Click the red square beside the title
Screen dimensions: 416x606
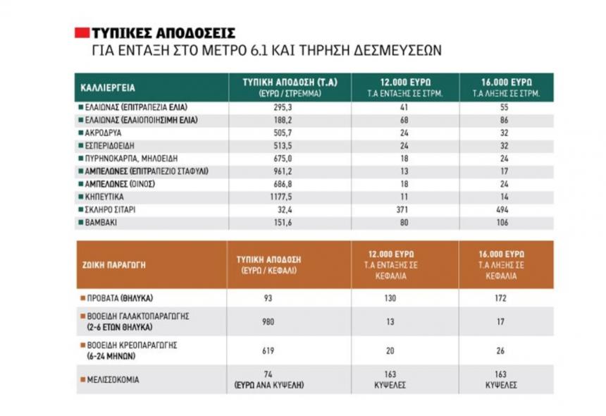[x=82, y=32]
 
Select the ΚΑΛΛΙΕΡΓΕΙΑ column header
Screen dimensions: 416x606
[x=108, y=88]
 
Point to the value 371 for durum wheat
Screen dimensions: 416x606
[x=404, y=210]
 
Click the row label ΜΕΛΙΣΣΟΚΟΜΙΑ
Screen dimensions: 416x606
[x=114, y=379]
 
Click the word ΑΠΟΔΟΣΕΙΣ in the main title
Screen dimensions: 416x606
[x=201, y=33]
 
